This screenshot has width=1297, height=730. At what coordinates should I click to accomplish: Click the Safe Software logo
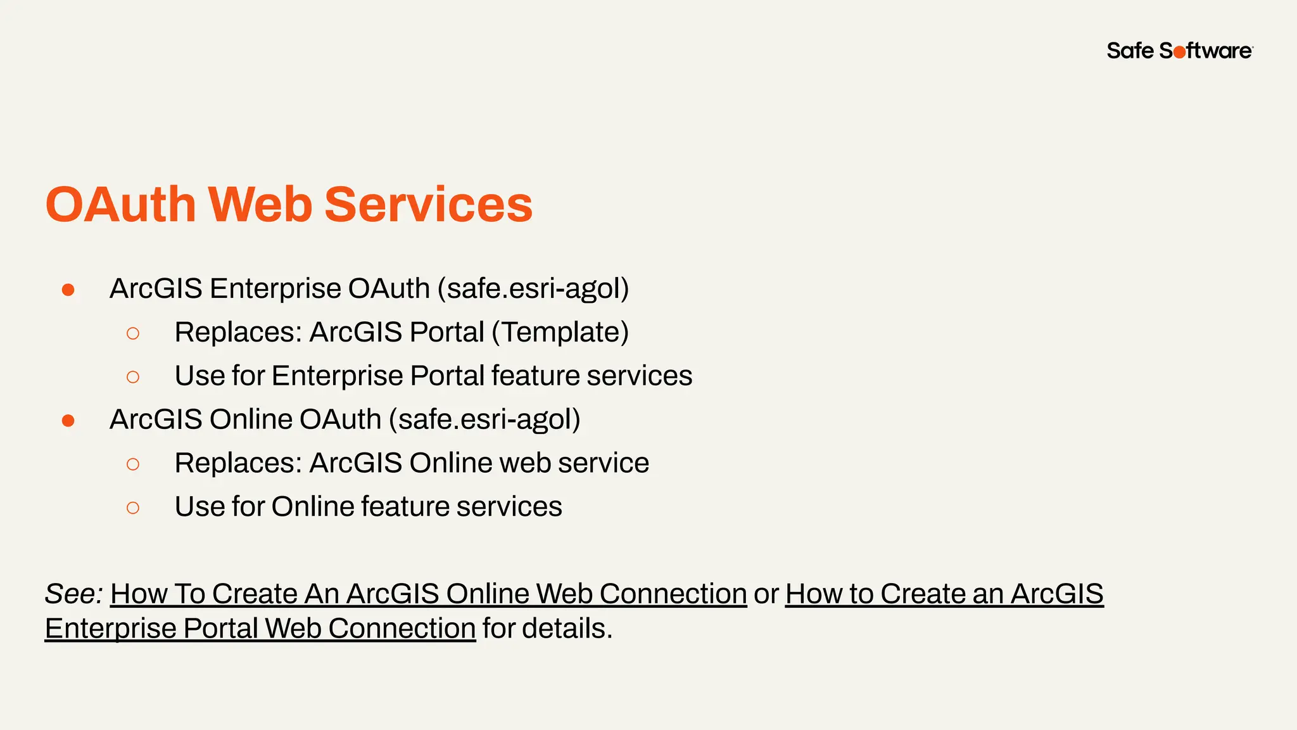coord(1179,51)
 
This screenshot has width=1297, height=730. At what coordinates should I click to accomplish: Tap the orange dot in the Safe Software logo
coord(1179,53)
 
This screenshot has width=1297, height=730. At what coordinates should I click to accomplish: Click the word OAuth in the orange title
coord(120,205)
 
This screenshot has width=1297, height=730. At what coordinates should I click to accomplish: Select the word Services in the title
coord(428,205)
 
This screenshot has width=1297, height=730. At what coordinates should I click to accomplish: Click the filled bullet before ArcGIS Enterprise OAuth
coord(68,290)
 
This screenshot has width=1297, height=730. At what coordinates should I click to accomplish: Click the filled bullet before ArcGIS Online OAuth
coord(68,421)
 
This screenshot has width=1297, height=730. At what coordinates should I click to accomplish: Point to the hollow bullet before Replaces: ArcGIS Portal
coord(133,333)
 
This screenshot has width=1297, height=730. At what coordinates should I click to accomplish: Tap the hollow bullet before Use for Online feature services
coord(133,508)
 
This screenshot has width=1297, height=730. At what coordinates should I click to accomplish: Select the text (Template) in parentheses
coord(560,333)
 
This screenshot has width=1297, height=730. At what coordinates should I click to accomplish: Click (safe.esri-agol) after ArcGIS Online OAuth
coord(484,419)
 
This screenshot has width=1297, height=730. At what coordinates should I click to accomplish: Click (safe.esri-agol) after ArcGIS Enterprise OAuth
coord(533,289)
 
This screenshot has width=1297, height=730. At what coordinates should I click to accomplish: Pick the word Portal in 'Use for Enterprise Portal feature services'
coord(447,376)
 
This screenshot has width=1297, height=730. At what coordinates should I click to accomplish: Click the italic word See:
coord(73,594)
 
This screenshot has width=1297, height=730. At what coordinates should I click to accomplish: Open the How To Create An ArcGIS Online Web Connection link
coord(428,594)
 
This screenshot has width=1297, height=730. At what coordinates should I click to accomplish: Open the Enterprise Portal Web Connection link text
coord(260,629)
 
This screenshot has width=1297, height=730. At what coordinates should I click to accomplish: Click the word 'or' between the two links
coord(766,594)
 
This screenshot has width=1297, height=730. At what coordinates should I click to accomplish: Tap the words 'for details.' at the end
coord(547,629)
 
